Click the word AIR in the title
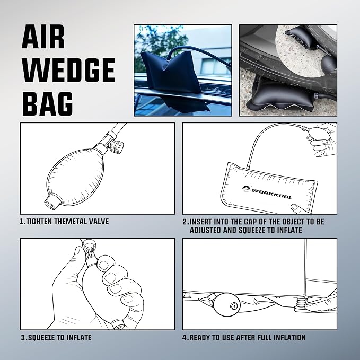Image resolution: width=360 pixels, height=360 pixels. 43,37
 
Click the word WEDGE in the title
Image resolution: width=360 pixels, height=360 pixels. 68,70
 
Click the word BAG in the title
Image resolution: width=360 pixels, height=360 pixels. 48,104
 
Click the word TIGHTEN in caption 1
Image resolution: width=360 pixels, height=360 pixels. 40,222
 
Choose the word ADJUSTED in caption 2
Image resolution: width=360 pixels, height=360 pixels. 206,230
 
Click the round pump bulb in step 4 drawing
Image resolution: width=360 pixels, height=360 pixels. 227,305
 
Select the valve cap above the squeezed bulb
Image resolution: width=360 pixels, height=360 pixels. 89,246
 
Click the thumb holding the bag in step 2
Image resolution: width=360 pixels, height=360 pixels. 298,209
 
